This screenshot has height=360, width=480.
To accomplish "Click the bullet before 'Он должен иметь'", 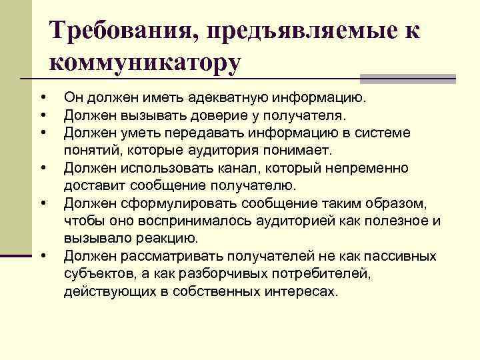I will pyautogui.click(x=42, y=98).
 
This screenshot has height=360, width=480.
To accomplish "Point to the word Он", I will pyautogui.click(x=73, y=98).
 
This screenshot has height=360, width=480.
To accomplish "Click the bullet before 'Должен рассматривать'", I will pyautogui.click(x=42, y=255).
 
